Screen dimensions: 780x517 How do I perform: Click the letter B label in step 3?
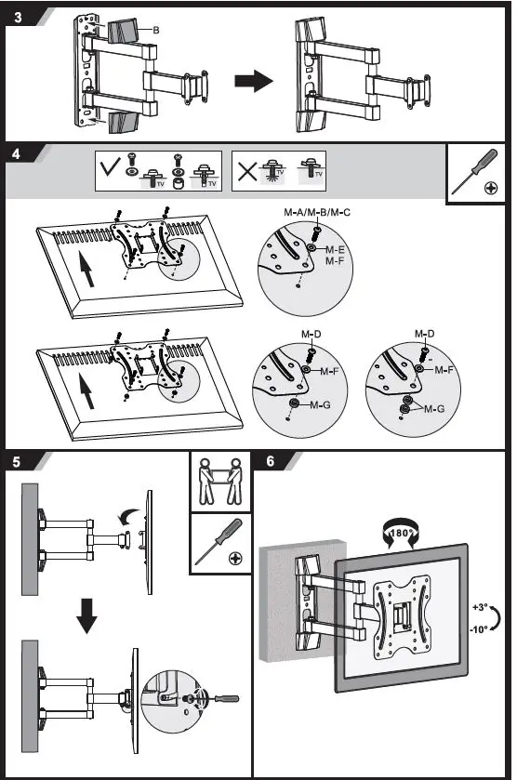(155, 31)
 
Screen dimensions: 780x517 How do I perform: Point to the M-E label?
(335, 250)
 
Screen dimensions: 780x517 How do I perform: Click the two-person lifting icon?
(221, 482)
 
